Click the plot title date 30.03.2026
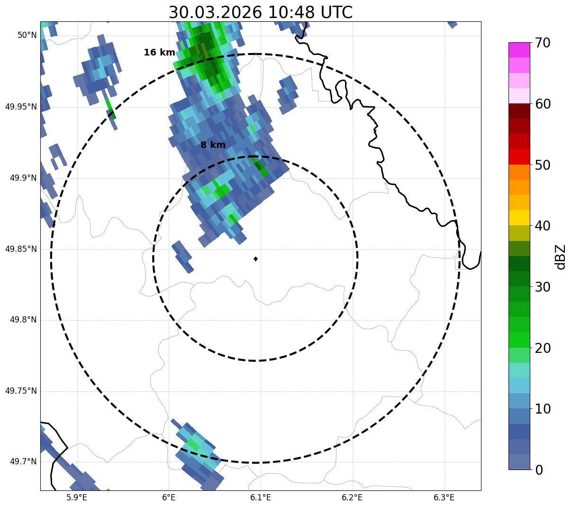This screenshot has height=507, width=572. click(215, 12)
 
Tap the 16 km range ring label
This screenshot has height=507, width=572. click(159, 53)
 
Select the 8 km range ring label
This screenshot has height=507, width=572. click(213, 145)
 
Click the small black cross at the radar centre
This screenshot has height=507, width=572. click(255, 258)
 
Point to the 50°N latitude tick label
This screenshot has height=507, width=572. click(27, 35)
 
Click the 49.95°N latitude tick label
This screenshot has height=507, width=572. click(21, 107)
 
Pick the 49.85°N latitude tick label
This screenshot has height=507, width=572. click(21, 249)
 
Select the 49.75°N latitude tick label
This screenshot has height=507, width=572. click(21, 391)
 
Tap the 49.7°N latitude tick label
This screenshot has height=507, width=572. click(23, 461)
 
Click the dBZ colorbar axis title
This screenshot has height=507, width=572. click(561, 257)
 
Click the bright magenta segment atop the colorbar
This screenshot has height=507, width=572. click(519, 50)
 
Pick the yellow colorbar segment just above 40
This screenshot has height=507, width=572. click(519, 218)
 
